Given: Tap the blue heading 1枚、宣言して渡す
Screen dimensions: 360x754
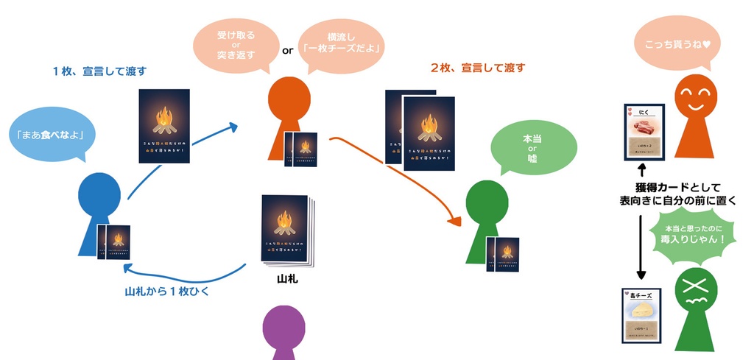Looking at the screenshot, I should click(x=99, y=71).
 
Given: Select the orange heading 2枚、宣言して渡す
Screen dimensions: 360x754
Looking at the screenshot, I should click(x=478, y=68).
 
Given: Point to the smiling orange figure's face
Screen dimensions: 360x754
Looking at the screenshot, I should click(x=695, y=93).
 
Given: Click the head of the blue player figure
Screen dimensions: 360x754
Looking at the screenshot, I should click(x=99, y=194).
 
